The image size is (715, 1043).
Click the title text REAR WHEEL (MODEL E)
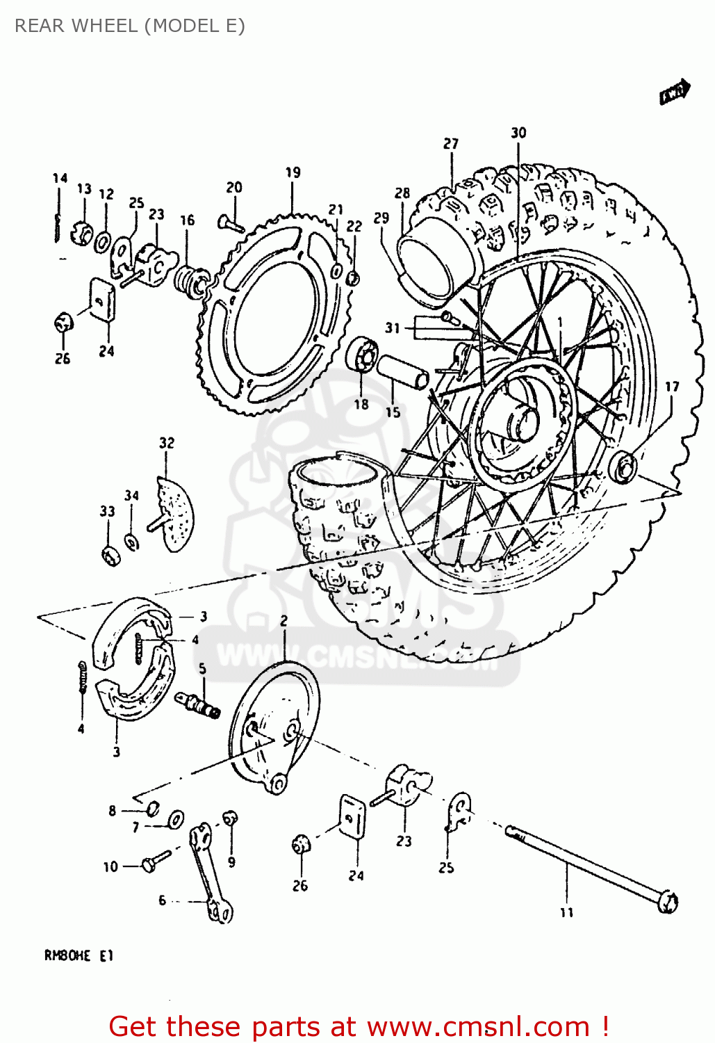coord(129,26)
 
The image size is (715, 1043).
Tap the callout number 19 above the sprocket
coord(293,172)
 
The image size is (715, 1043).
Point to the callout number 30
coord(518,133)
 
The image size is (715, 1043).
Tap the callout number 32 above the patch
coord(167,443)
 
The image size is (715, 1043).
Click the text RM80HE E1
coord(78,955)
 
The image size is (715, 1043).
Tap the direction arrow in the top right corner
coord(674,92)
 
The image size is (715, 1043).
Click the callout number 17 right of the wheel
coord(672,387)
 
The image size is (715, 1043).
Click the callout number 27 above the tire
coord(451,143)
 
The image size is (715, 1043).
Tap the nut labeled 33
coord(109,555)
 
